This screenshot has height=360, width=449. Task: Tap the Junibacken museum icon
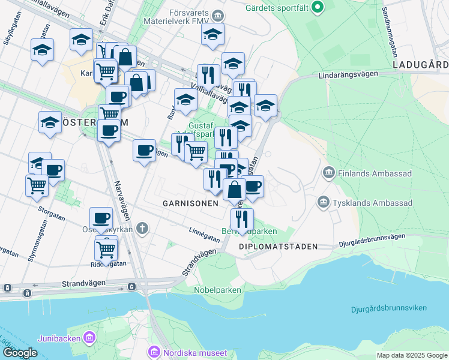click(x=90, y=337)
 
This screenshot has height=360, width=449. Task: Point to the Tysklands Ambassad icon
click(x=324, y=202)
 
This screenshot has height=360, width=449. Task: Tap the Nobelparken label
click(x=217, y=290)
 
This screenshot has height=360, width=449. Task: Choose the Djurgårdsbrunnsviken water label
click(x=389, y=308)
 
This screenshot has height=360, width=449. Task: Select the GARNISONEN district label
click(x=190, y=203)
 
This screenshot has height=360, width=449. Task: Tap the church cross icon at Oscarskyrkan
click(x=142, y=228)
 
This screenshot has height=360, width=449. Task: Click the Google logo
click(x=20, y=353)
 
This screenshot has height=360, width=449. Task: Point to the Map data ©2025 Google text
click(x=411, y=355)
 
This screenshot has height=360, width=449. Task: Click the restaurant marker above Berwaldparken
click(x=242, y=219)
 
